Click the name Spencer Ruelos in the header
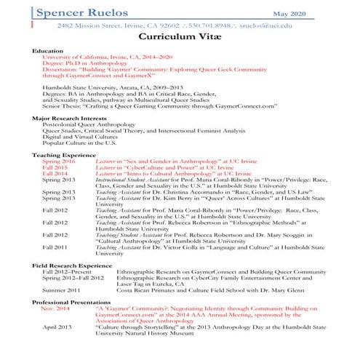click(79, 12)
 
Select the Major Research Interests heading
click(73, 118)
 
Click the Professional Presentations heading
click(73, 302)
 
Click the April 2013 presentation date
click(57, 327)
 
